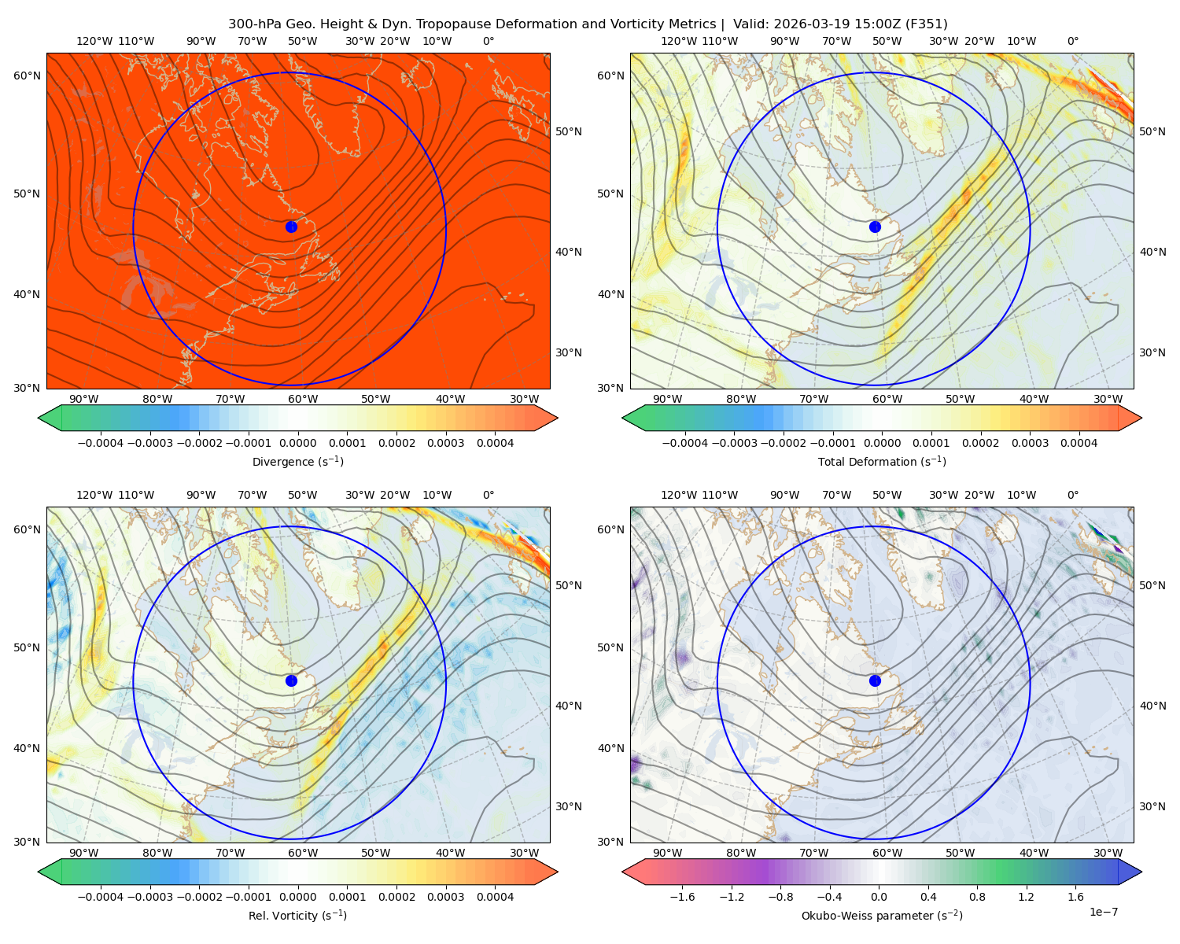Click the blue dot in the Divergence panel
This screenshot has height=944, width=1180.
(x=291, y=227)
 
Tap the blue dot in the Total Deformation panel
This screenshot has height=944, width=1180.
(x=875, y=227)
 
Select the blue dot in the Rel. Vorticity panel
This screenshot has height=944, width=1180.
(x=291, y=680)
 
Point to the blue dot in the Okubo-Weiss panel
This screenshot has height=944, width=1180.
(x=875, y=680)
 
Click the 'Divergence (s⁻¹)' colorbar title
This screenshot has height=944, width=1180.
(x=297, y=461)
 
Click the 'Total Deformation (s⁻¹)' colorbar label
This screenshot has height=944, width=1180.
(x=882, y=461)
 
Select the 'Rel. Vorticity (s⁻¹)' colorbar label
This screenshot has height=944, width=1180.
(x=297, y=916)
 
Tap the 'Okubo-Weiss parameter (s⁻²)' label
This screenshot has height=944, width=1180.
(x=882, y=916)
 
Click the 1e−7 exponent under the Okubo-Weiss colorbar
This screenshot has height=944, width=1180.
(x=1103, y=912)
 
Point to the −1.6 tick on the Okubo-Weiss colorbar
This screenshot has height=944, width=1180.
(x=682, y=897)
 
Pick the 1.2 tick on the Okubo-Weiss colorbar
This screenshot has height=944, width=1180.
(x=1026, y=897)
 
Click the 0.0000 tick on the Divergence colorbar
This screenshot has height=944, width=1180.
(x=297, y=443)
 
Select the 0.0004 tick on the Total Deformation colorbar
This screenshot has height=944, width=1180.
(x=1079, y=443)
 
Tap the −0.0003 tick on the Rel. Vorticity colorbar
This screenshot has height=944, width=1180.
(x=149, y=897)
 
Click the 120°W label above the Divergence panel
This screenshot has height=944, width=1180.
(x=94, y=41)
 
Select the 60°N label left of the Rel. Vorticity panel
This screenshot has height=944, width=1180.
(x=27, y=529)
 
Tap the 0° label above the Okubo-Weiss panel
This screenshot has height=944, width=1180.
(x=1073, y=495)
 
